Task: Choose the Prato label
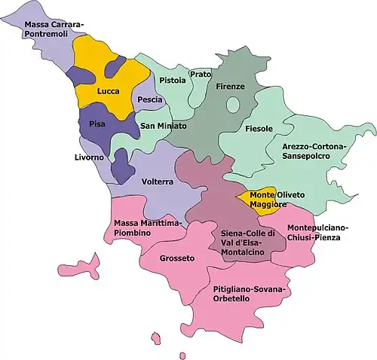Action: (201, 74)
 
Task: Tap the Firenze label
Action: (230, 87)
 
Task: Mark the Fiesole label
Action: (259, 129)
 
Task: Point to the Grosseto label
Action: (177, 258)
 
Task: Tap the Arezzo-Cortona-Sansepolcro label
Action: (313, 149)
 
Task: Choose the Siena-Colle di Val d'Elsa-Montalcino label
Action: (243, 243)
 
